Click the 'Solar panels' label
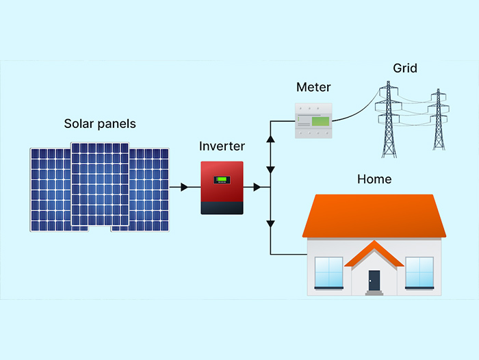tap(100, 124)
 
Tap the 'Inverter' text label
tap(222, 146)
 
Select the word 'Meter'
tap(313, 88)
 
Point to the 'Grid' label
tap(405, 68)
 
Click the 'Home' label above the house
tap(374, 179)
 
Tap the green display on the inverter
tap(222, 180)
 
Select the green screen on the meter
tap(320, 122)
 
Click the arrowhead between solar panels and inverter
tap(183, 187)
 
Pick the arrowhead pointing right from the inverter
tap(257, 187)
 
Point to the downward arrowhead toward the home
tap(271, 223)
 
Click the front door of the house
tap(374, 280)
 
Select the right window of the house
tap(421, 272)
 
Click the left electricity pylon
tap(389, 120)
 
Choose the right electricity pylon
tap(437, 120)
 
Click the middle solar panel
tap(100, 185)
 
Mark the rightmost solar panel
tap(151, 189)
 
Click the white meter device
tap(313, 120)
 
